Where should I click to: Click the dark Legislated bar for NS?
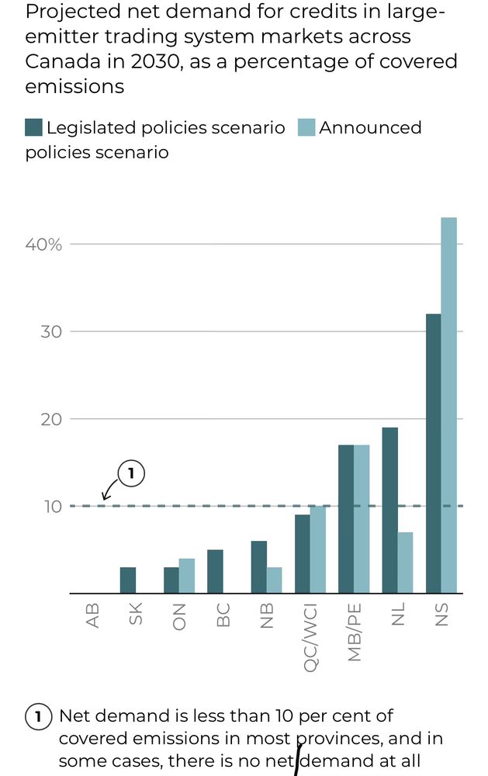tap(433, 453)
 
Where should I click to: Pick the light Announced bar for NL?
tap(405, 562)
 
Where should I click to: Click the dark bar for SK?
tap(128, 580)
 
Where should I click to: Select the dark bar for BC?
tap(215, 571)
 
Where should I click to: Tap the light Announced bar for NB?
tap(274, 580)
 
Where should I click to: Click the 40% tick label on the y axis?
tap(43, 244)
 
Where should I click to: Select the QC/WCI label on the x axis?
tap(310, 632)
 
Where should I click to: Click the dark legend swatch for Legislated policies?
tap(33, 128)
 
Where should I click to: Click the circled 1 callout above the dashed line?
tap(131, 473)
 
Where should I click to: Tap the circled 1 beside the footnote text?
tap(37, 717)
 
